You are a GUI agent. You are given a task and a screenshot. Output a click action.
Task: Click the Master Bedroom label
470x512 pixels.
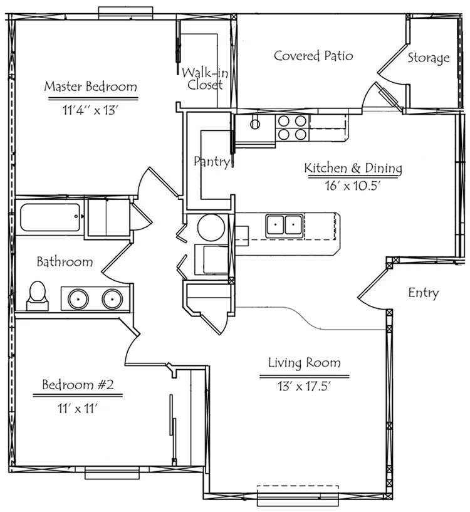[x=90, y=86]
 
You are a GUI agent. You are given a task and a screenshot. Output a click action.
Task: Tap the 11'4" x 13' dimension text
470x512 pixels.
[x=90, y=110]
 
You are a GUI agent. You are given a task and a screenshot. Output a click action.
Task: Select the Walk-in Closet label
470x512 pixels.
[x=205, y=79]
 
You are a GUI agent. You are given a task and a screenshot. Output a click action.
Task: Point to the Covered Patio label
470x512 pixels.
[x=313, y=56]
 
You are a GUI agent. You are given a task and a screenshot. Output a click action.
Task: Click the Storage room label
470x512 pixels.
[x=428, y=58]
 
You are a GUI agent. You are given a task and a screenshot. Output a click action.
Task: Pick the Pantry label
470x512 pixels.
[x=212, y=161]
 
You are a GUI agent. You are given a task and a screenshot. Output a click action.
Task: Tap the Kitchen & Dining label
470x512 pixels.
[x=353, y=168]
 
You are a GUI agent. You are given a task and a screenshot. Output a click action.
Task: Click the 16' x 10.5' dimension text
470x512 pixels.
[x=353, y=185]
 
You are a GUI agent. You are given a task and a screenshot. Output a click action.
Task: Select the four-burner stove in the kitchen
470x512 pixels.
[x=292, y=128]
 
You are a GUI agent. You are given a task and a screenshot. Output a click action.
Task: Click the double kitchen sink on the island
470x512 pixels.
[x=284, y=225]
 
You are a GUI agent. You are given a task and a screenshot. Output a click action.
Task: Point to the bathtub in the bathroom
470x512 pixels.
[x=50, y=217]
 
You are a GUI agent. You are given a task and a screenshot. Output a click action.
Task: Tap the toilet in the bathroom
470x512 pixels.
[x=37, y=296]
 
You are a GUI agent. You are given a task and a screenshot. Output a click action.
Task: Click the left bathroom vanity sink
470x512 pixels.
[x=78, y=299]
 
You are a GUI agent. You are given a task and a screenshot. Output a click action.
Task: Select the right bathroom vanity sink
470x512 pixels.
[x=112, y=299]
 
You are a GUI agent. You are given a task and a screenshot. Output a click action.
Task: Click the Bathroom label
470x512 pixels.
[x=65, y=262]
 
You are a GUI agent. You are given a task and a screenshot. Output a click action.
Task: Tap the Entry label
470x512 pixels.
[x=423, y=293]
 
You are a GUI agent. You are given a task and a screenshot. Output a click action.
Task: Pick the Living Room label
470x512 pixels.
[x=305, y=362]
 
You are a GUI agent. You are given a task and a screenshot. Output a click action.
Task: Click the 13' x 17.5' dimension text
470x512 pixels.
[x=305, y=386]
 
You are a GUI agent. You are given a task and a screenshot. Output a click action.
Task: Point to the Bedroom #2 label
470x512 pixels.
[x=78, y=384]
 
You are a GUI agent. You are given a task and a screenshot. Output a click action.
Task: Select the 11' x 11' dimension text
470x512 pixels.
[x=78, y=408]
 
